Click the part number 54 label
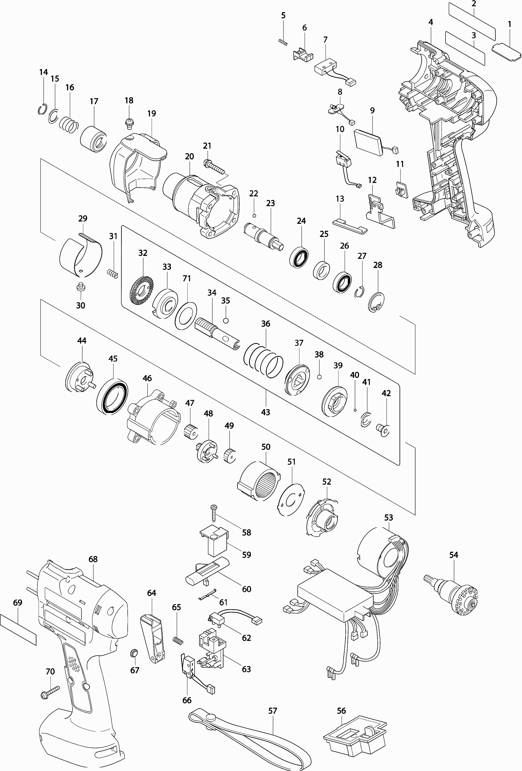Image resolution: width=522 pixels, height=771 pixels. tap(454, 555)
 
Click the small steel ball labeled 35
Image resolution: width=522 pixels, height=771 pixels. tap(226, 320)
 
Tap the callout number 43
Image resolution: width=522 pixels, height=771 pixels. tap(265, 412)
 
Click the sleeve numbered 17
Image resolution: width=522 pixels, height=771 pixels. tap(94, 139)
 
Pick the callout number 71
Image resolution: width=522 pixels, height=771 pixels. tap(187, 278)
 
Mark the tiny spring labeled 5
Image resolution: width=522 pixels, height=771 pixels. tap(283, 42)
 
